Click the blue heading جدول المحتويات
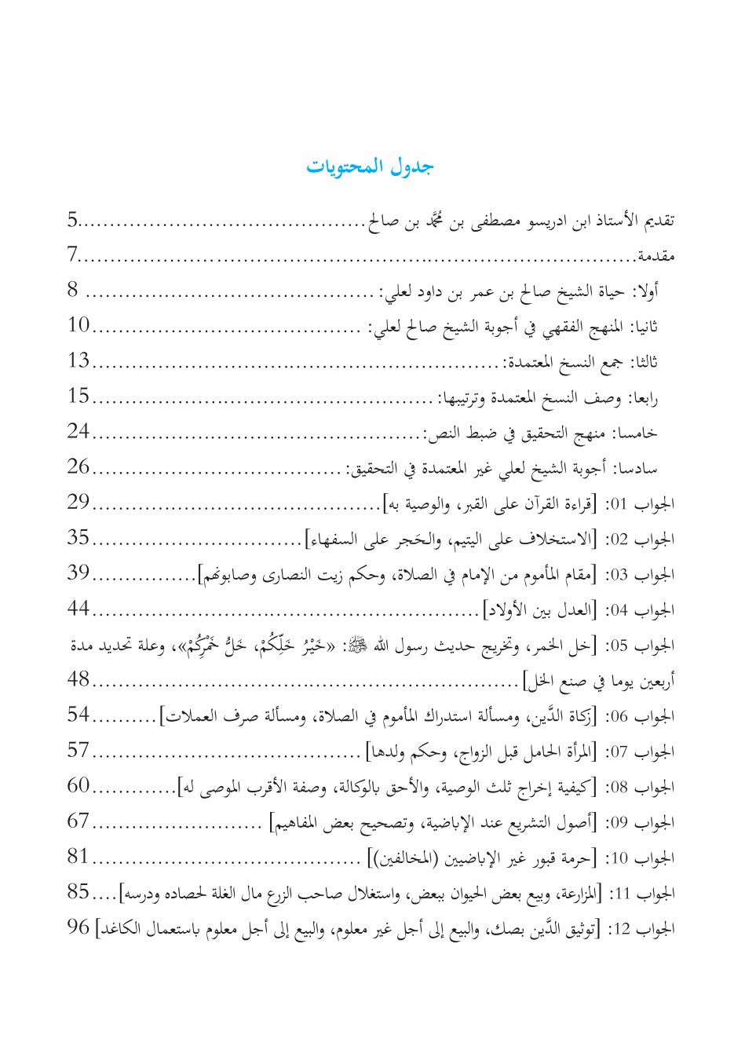[369, 166]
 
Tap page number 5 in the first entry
[72, 220]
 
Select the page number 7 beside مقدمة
[72, 255]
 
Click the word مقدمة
[655, 256]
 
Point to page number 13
[79, 360]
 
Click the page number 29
[79, 502]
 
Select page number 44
[79, 608]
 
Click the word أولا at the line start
[646, 292]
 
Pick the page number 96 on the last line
[79, 927]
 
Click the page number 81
[79, 856]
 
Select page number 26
[79, 466]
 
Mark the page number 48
[79, 678]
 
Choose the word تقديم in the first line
[659, 221]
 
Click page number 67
[79, 821]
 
